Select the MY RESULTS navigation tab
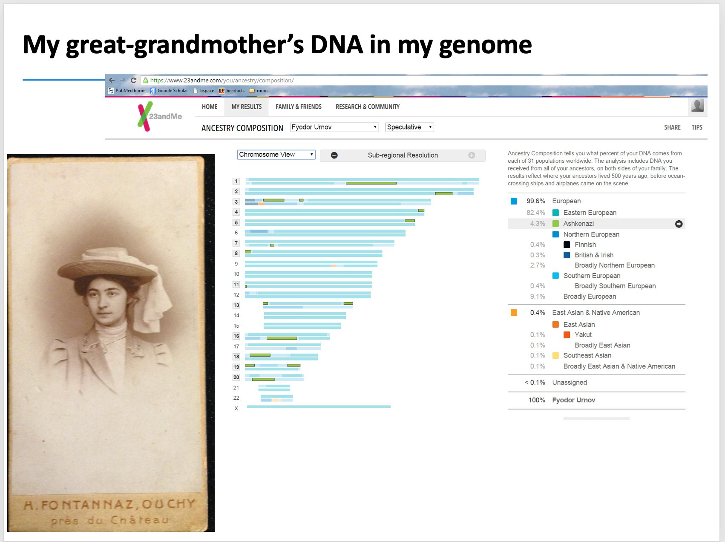coord(247,107)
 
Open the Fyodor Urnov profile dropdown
coord(334,127)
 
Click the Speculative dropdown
coord(409,127)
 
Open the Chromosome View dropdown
coord(276,155)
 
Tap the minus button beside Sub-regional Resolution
coord(334,156)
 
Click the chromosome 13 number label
coord(236,305)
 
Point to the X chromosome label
coord(236,409)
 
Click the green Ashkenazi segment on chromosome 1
coord(371,183)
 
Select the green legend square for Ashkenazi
coord(555,224)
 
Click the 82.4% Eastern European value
coord(536,213)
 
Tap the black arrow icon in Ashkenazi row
coord(679,224)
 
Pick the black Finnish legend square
coord(567,245)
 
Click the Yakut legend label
coord(583,335)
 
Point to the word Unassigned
coord(570,383)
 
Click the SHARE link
coord(672,127)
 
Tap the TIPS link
coord(697,127)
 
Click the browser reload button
coord(133,80)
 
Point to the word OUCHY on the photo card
coord(169,504)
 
